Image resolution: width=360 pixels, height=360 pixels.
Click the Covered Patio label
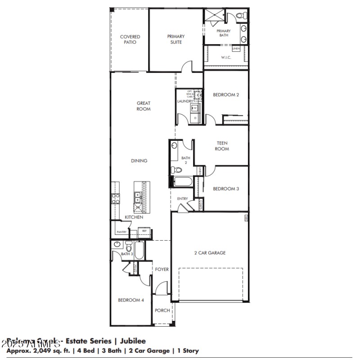coord(130,40)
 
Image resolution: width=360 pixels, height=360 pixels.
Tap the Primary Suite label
coord(175,39)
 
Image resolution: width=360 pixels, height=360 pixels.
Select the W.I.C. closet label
coord(226,58)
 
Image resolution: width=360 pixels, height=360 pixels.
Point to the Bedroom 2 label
coord(225,95)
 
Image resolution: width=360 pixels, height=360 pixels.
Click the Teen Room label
coord(221,146)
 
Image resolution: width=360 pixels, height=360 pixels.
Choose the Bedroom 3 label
coord(225,189)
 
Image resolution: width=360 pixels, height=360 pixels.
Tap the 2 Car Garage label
coord(210,253)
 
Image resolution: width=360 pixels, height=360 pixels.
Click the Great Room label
coord(144,106)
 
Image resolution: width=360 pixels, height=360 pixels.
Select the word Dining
coord(139,161)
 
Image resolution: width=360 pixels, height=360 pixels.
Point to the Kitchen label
coord(134,217)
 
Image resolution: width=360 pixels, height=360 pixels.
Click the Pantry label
coord(121,232)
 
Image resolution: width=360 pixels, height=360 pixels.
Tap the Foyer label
coord(162,270)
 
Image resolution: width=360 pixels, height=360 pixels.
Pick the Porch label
coord(162,310)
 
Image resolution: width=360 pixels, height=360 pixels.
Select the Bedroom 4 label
coord(130,300)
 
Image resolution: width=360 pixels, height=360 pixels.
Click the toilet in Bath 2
coord(176,171)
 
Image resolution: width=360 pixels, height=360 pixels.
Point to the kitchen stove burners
coord(115,198)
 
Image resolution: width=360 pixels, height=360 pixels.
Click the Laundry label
coord(185,101)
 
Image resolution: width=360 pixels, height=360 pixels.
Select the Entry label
coord(182,198)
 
